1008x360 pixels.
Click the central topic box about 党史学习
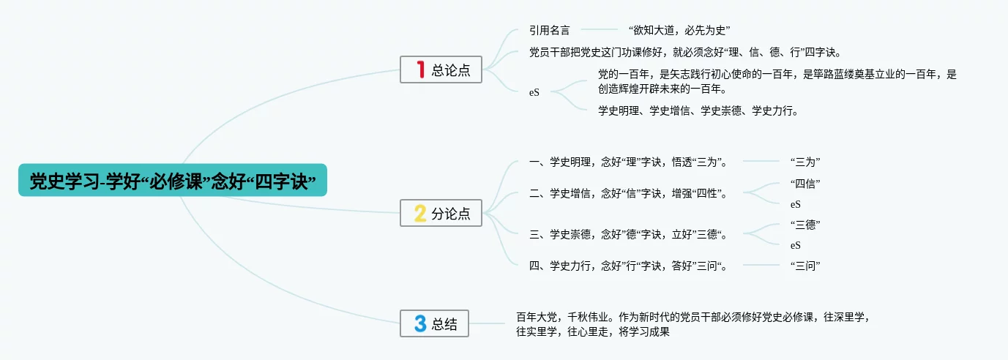pyautogui.click(x=172, y=180)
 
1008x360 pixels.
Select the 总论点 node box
pyautogui.click(x=441, y=70)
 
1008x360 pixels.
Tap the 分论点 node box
pyautogui.click(x=441, y=213)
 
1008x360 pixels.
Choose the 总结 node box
pyautogui.click(x=434, y=323)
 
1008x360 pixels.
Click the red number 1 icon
pyautogui.click(x=421, y=70)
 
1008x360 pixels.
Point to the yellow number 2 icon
pyautogui.click(x=420, y=213)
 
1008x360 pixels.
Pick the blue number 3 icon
pyautogui.click(x=420, y=323)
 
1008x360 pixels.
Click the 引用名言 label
pyautogui.click(x=550, y=30)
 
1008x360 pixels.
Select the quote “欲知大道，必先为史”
pyautogui.click(x=679, y=30)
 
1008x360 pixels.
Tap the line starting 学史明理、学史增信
pyautogui.click(x=698, y=110)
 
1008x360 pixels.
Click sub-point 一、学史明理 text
pyautogui.click(x=628, y=162)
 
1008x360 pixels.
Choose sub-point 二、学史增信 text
pyautogui.click(x=628, y=193)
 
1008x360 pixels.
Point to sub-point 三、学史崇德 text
pyautogui.click(x=628, y=234)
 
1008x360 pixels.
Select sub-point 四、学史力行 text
pyautogui.click(x=628, y=266)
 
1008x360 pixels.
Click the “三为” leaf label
pyautogui.click(x=805, y=162)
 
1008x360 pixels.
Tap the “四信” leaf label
pyautogui.click(x=805, y=184)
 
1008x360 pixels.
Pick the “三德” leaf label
pyautogui.click(x=805, y=225)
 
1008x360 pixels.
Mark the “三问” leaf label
pyautogui.click(x=805, y=266)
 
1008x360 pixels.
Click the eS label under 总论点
pyautogui.click(x=534, y=92)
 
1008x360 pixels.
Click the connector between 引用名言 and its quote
pyautogui.click(x=600, y=29)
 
